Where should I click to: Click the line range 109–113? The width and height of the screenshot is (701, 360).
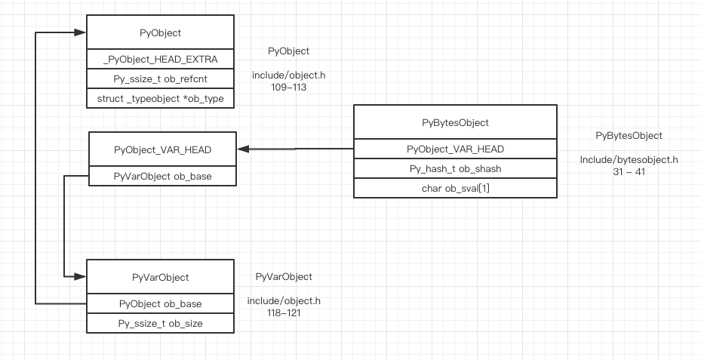click(x=289, y=88)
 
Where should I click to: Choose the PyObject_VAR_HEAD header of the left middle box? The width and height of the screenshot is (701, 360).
click(x=162, y=149)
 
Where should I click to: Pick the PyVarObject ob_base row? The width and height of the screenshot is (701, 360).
click(x=162, y=177)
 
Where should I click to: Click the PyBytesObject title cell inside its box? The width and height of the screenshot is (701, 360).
click(x=455, y=122)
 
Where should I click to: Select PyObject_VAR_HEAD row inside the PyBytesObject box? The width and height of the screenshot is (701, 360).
click(x=455, y=149)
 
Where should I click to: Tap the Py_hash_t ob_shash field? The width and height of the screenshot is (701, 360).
click(x=455, y=169)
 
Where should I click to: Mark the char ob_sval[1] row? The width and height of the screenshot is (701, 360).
click(x=455, y=189)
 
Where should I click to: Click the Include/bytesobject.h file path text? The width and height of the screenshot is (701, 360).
click(x=629, y=160)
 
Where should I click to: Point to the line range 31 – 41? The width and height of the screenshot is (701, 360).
click(x=629, y=172)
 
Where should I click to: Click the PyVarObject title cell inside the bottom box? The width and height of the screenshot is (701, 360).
click(x=160, y=278)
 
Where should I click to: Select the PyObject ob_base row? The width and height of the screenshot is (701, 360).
click(x=160, y=303)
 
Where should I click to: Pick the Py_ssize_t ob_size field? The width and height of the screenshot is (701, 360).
click(x=160, y=323)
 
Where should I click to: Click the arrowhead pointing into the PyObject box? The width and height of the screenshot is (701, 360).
click(x=79, y=32)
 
